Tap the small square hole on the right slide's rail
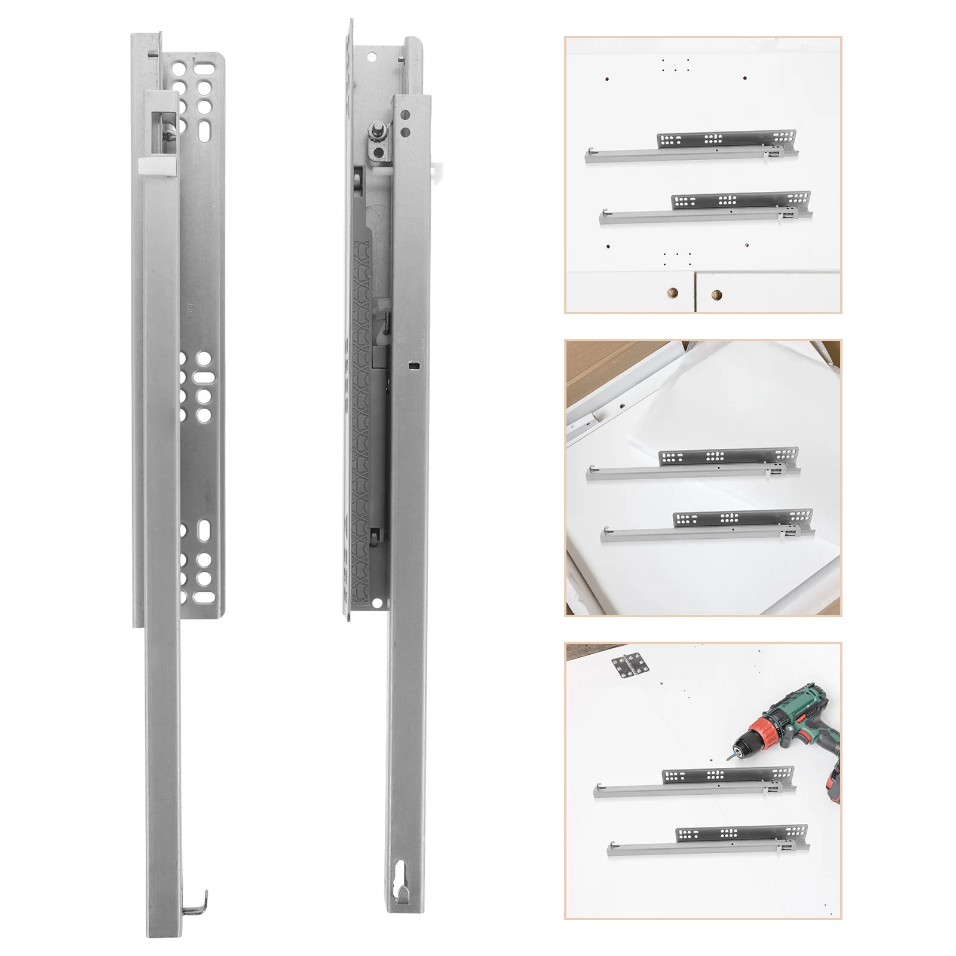pos(412,363)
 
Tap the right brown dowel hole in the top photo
pos(716,294)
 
